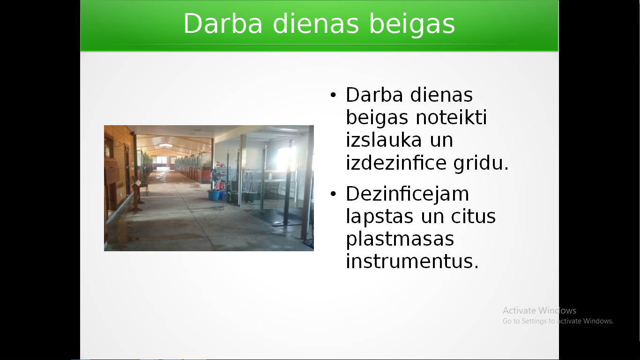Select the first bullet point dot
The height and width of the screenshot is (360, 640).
point(333,95)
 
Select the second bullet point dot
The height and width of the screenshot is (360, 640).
point(333,194)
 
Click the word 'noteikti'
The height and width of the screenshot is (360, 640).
point(451,117)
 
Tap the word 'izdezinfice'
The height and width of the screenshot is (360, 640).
point(396,162)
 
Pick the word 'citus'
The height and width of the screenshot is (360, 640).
point(473,216)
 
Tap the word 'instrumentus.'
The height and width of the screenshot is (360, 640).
point(412,261)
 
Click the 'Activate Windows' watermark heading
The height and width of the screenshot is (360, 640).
point(539,310)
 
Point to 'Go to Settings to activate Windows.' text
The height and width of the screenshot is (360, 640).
point(558,321)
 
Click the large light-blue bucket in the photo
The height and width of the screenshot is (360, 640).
point(214,195)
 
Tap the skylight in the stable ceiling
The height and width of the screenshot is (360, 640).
point(165,145)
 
